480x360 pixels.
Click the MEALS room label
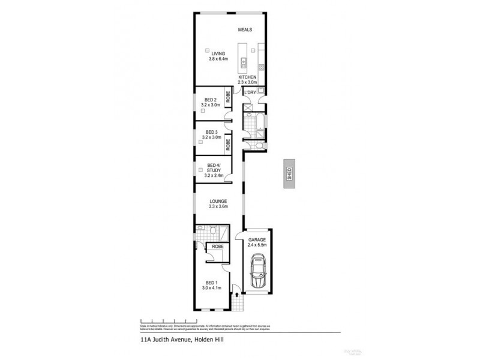(x=245, y=29)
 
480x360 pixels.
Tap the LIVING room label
(x=218, y=53)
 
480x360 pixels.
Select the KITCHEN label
(x=248, y=78)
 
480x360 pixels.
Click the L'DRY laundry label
(x=250, y=92)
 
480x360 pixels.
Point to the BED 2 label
(x=211, y=100)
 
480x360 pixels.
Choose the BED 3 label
(x=211, y=132)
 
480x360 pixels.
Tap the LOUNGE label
(x=218, y=201)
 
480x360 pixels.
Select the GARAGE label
(x=257, y=239)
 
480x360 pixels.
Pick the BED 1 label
(x=211, y=282)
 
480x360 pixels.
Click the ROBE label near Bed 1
(x=215, y=246)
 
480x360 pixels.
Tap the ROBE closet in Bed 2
(x=228, y=97)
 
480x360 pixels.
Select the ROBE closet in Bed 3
(x=228, y=145)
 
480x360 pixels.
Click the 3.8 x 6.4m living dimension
(x=218, y=59)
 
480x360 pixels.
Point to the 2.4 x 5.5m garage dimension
(x=257, y=245)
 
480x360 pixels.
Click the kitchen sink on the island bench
(x=244, y=61)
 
